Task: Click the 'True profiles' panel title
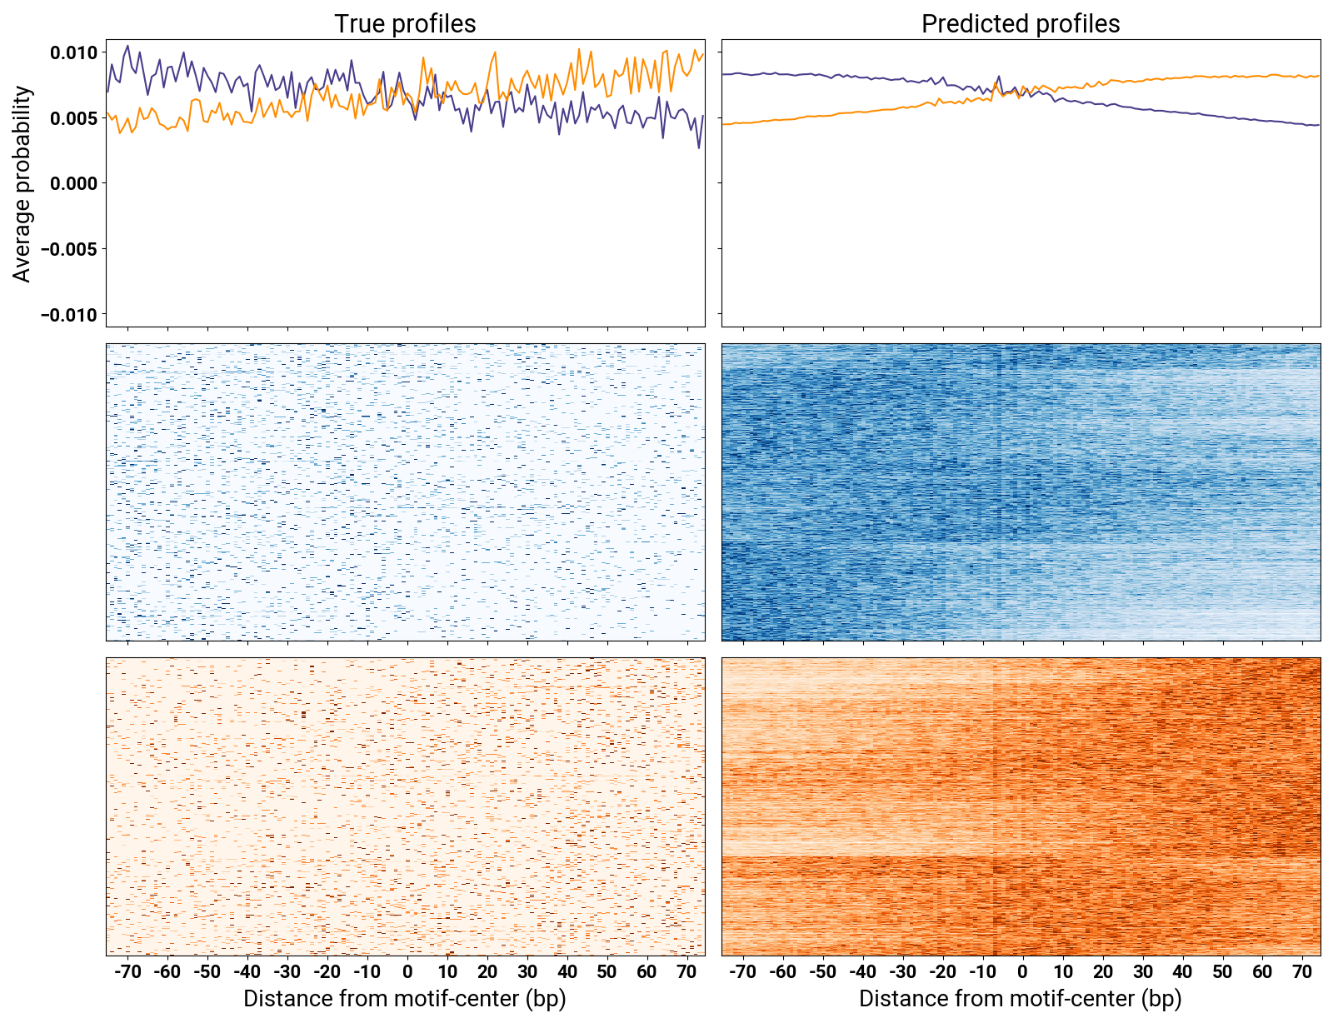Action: pyautogui.click(x=405, y=23)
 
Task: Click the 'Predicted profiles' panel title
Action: pyautogui.click(x=1021, y=23)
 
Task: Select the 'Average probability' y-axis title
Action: pyautogui.click(x=22, y=184)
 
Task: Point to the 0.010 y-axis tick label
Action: pyautogui.click(x=73, y=53)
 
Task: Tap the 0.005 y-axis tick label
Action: pyautogui.click(x=73, y=118)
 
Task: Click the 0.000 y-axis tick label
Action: pyautogui.click(x=73, y=184)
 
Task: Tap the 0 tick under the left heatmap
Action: pyautogui.click(x=407, y=972)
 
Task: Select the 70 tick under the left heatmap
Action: pyautogui.click(x=686, y=972)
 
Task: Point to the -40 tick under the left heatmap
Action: pyautogui.click(x=247, y=972)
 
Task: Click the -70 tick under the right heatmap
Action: pyautogui.click(x=742, y=972)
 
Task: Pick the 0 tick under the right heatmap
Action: pyautogui.click(x=1022, y=972)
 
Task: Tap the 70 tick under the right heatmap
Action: pyautogui.click(x=1302, y=972)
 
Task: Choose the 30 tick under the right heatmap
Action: pyautogui.click(x=1142, y=972)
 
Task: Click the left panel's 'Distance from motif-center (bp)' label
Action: pyautogui.click(x=405, y=999)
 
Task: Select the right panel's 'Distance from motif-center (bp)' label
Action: pyautogui.click(x=1021, y=999)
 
